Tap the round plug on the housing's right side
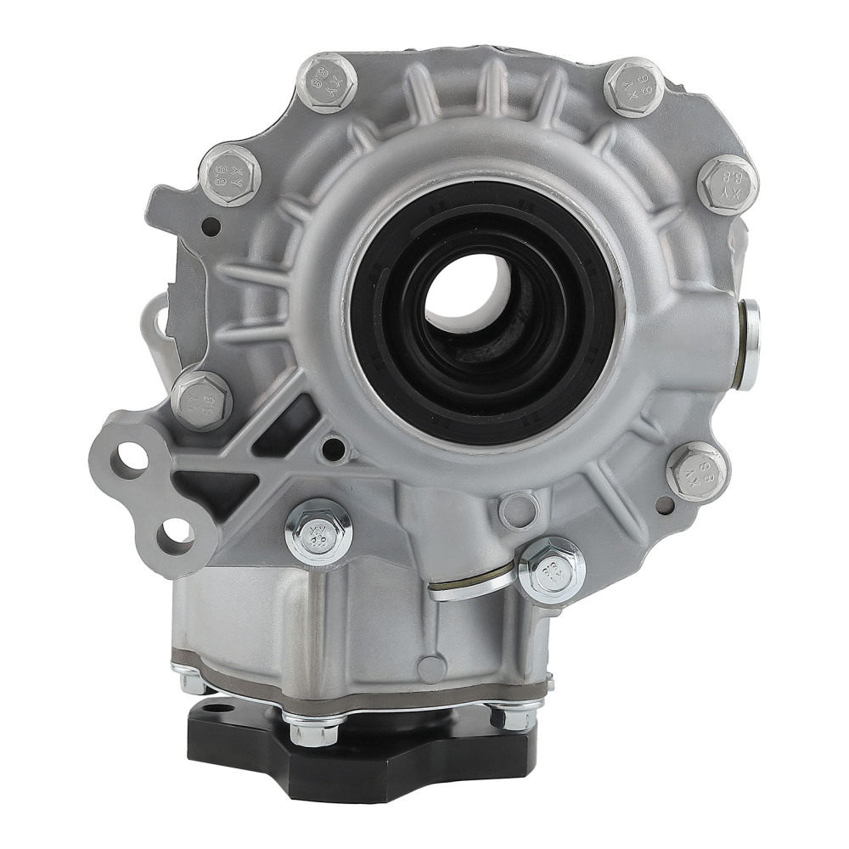(749, 344)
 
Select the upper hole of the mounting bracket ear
(133, 457)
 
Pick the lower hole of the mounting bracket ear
(176, 533)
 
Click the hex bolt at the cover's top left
(327, 82)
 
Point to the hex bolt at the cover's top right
(633, 87)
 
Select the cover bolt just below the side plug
(697, 472)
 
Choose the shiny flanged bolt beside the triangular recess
(319, 531)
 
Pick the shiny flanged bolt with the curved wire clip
(551, 569)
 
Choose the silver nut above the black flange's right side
(512, 715)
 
